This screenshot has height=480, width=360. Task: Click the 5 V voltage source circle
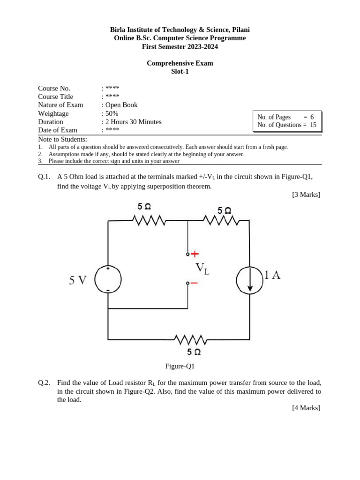108,280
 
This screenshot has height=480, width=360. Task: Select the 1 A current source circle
249,280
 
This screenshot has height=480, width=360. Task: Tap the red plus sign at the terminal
195,254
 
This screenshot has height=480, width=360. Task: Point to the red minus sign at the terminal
194,283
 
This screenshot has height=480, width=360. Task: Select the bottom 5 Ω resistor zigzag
190,339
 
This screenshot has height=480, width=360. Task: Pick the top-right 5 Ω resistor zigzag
221,220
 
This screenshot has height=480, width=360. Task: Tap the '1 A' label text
272,276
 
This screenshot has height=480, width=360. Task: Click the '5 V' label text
78,280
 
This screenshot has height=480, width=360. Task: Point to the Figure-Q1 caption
180,366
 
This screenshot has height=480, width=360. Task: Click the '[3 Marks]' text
306,195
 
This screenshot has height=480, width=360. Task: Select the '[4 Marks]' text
306,408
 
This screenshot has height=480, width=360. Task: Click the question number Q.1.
44,177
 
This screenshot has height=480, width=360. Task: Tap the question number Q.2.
44,382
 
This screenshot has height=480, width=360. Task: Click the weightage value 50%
112,113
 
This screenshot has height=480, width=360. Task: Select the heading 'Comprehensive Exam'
180,63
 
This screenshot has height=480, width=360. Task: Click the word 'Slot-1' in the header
180,72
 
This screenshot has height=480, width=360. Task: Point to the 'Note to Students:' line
62,139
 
